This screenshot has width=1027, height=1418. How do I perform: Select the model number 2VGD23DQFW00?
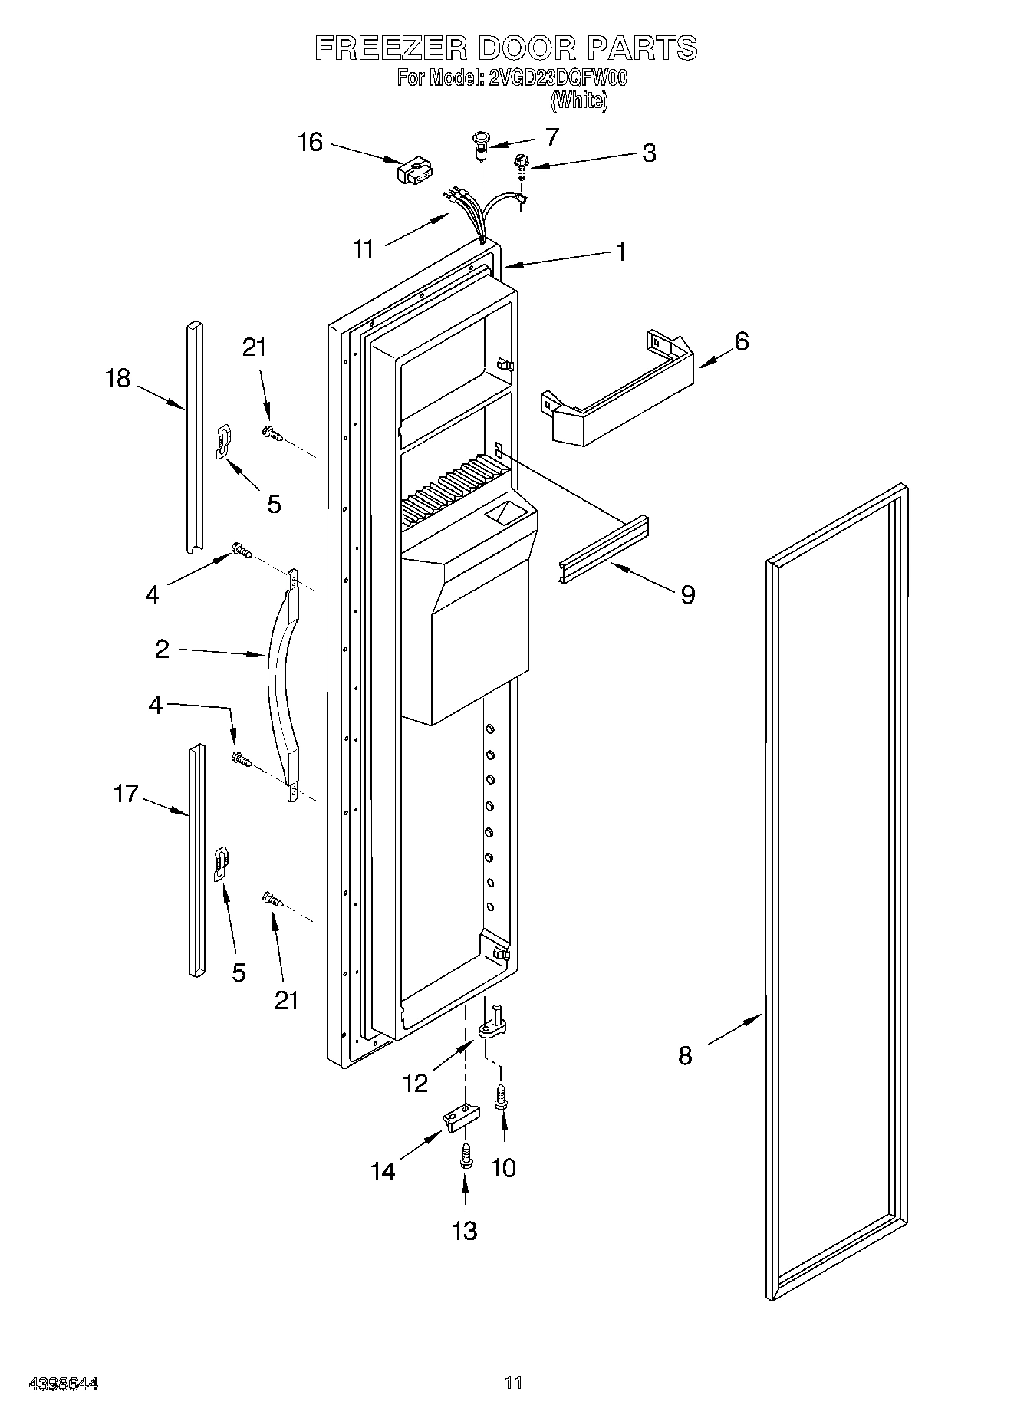[558, 78]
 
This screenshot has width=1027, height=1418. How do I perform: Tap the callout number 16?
[310, 143]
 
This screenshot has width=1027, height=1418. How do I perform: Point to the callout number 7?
[551, 137]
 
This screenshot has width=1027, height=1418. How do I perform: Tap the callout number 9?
[687, 594]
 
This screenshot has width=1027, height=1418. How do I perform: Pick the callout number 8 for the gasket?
[685, 1055]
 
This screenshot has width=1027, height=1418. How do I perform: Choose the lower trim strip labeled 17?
[196, 859]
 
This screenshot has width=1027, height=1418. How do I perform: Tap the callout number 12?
[415, 1083]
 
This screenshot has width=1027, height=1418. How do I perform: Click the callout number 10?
[503, 1168]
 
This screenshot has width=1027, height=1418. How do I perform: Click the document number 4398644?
[64, 1383]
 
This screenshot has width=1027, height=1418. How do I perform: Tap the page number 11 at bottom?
[513, 1383]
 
